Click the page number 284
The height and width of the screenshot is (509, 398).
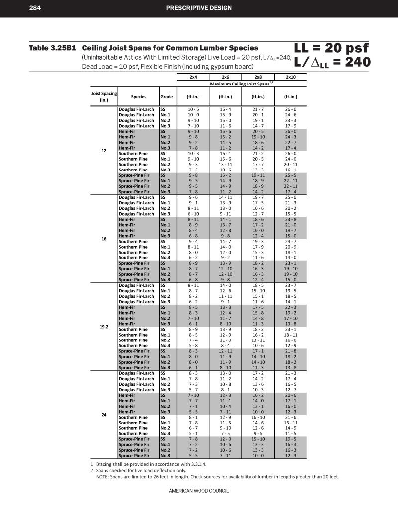35,8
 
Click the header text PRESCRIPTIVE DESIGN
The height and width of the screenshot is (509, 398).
199,8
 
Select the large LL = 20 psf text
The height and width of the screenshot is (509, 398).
331,48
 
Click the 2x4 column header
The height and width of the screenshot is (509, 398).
193,78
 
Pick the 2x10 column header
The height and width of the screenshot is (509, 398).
291,78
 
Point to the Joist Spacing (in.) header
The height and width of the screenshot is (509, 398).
104,96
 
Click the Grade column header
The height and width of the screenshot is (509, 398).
166,97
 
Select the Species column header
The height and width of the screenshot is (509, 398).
138,97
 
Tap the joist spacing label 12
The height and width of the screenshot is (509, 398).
104,150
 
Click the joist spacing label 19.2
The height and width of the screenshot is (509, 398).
104,327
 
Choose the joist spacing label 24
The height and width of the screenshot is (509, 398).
104,414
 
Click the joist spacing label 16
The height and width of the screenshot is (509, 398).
104,239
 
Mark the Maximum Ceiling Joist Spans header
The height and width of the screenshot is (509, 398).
241,84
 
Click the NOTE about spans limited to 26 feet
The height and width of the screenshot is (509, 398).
217,476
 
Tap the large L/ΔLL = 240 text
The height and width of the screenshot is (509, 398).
332,62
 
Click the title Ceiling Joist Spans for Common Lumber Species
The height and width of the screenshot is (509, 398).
170,48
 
